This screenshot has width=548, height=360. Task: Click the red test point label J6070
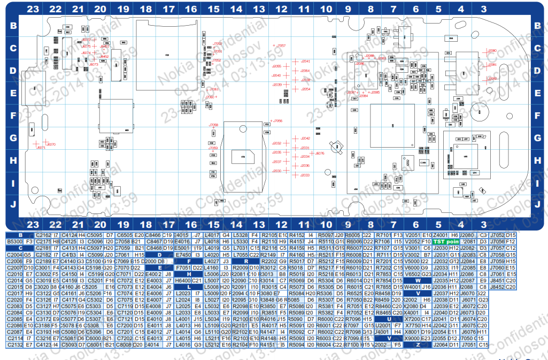pyautogui.click(x=51, y=144)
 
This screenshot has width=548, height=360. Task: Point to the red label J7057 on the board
pyautogui.click(x=281, y=46)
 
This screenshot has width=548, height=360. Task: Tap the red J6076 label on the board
pyautogui.click(x=319, y=154)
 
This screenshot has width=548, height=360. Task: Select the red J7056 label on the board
pyautogui.click(x=277, y=121)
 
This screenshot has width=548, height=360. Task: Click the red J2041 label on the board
pyautogui.click(x=305, y=62)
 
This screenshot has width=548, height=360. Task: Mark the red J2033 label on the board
pyautogui.click(x=305, y=175)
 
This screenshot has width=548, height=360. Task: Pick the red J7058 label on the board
pyautogui.click(x=213, y=125)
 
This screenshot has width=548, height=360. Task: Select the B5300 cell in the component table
pyautogui.click(x=14, y=242)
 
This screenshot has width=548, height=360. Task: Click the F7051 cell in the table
pyautogui.click(x=182, y=267)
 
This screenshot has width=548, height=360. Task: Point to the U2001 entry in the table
pyautogui.click(x=383, y=325)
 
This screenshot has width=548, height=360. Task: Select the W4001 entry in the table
pyautogui.click(x=412, y=287)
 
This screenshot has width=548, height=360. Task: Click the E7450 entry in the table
pyautogui.click(x=182, y=255)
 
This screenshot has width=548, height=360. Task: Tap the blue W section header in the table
pyautogui.click(x=411, y=280)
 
